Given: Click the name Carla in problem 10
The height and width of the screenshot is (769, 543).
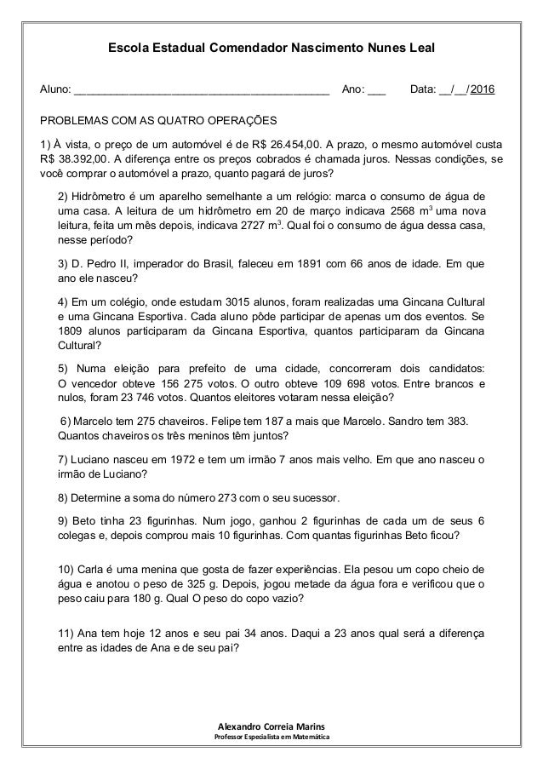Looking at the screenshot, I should point(94,569).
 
